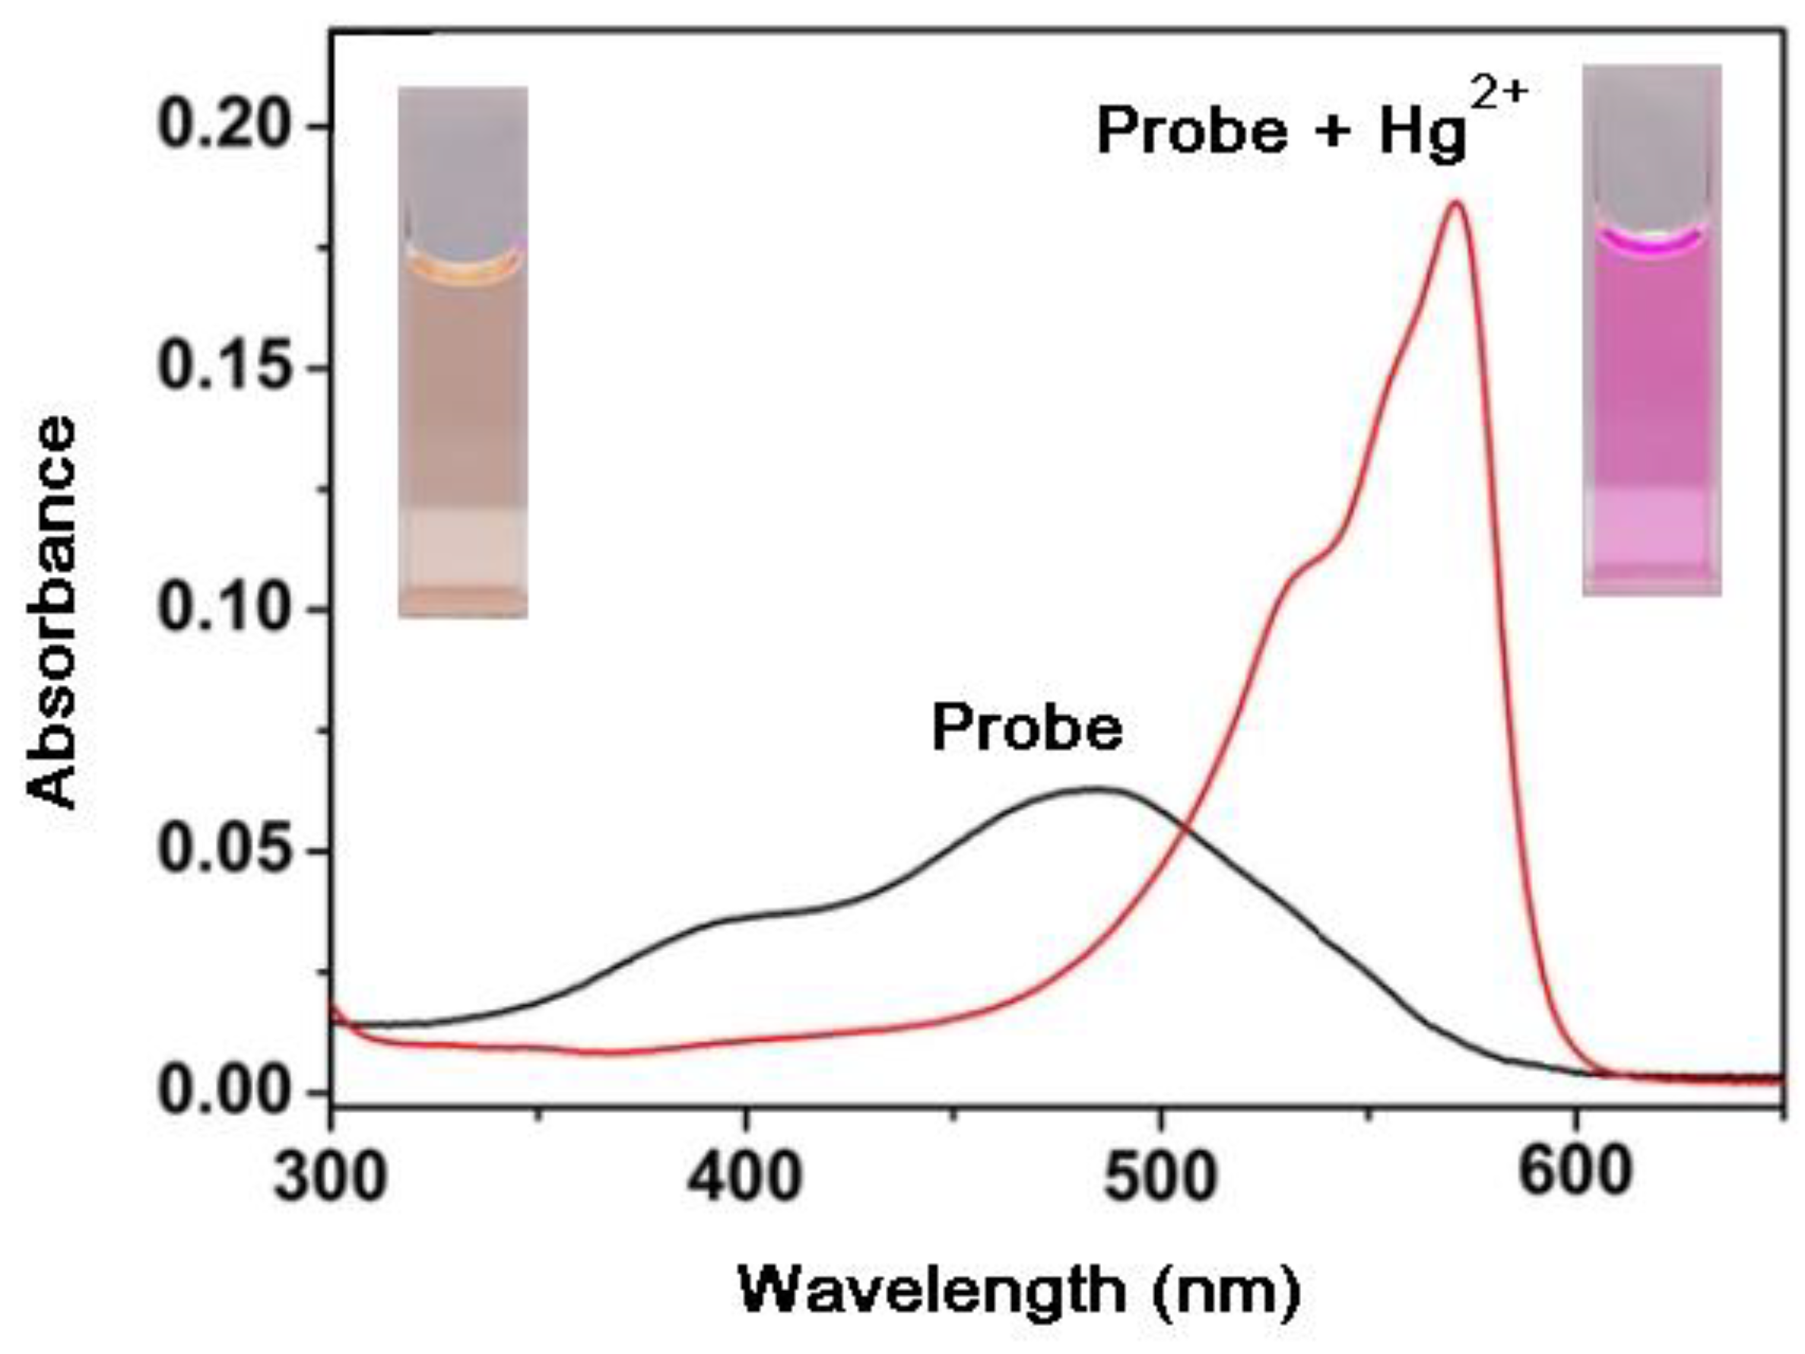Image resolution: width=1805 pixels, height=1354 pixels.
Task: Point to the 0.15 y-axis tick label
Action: [233, 367]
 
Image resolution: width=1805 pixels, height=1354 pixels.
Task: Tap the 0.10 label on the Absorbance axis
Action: [233, 609]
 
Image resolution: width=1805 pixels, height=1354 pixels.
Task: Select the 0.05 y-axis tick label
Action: [233, 851]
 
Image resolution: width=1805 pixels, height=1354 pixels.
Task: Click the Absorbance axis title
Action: [53, 612]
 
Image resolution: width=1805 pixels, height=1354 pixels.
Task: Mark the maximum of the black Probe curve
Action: [1098, 788]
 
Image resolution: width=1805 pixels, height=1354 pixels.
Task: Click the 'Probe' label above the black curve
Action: [1027, 728]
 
